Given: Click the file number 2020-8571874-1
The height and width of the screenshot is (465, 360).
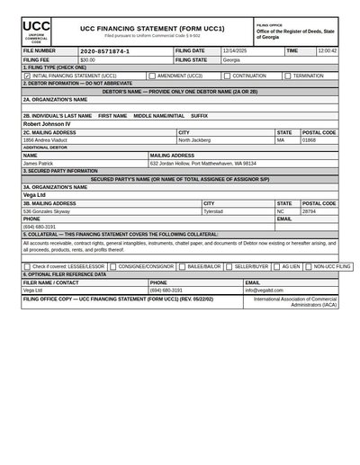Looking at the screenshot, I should pyautogui.click(x=104, y=51).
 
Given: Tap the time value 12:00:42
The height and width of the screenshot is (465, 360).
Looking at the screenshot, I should pyautogui.click(x=328, y=51).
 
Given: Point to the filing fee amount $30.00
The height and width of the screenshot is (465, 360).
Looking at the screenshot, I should pyautogui.click(x=87, y=59).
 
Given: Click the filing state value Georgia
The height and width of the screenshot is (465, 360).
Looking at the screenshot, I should pyautogui.click(x=232, y=59).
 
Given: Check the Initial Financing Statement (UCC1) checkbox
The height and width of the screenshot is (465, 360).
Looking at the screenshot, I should pyautogui.click(x=27, y=76).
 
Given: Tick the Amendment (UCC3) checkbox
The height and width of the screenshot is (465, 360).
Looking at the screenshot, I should pyautogui.click(x=152, y=76).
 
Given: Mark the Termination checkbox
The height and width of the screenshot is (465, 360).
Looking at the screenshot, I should pyautogui.click(x=287, y=76).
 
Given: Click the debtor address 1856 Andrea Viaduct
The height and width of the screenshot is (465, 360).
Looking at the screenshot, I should pyautogui.click(x=48, y=140).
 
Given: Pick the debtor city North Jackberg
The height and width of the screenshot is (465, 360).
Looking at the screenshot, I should pyautogui.click(x=194, y=140).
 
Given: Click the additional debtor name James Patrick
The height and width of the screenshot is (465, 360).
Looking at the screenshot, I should pyautogui.click(x=38, y=163).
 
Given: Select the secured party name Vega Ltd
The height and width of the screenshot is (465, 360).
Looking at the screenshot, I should pyautogui.click(x=34, y=194).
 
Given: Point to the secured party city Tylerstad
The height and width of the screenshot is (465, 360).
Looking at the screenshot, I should pyautogui.click(x=213, y=210).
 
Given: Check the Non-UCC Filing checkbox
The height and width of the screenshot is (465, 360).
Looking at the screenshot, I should pyautogui.click(x=308, y=266).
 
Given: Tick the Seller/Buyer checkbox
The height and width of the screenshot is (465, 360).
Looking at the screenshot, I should pyautogui.click(x=229, y=266).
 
